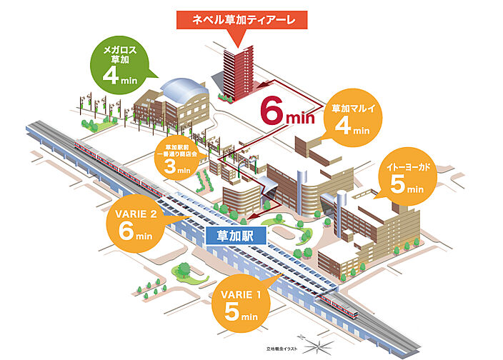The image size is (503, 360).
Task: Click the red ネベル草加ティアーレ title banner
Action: (243, 19)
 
